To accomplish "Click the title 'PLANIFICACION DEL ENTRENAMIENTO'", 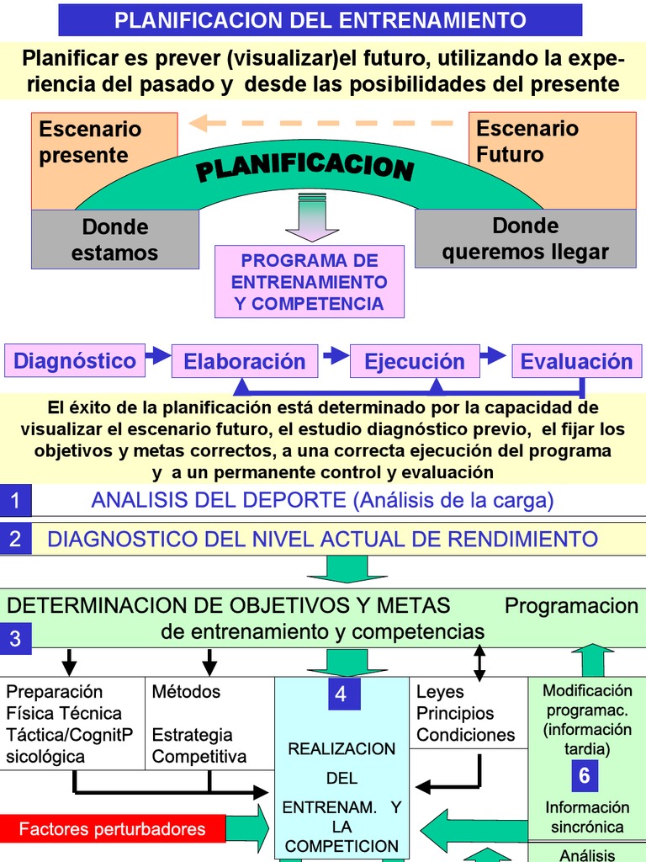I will tap(320, 20).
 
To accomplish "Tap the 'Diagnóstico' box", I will tap(75, 361).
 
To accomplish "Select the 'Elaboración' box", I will tap(245, 362).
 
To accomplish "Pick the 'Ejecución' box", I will tap(414, 362).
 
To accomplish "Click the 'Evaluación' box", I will tap(576, 362).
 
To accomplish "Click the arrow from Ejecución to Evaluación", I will tap(497, 355).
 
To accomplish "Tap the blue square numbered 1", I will tap(15, 502).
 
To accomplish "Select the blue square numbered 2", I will tap(15, 539).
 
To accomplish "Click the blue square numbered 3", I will tap(15, 639).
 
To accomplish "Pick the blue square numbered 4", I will tap(341, 694).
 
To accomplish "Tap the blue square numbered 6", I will tap(585, 774).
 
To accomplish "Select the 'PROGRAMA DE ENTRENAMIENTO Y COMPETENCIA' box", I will tap(309, 282).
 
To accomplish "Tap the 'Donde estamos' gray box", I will tap(115, 239).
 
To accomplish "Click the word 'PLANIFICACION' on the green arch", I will tap(305, 164).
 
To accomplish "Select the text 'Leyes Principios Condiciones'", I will tap(465, 713).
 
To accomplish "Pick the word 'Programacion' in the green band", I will tap(571, 606).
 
